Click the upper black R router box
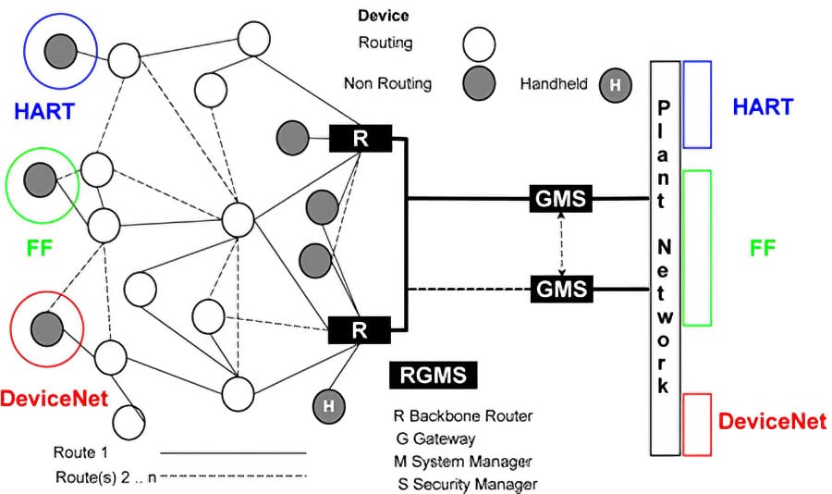pos(361,139)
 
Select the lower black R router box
pos(361,328)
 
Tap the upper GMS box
pos(561,197)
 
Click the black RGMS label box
pos(434,375)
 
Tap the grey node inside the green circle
pos(40,177)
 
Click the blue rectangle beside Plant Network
pos(697,105)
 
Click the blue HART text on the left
pos(44,112)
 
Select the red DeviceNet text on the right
pos(772,422)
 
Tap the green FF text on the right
pos(763,248)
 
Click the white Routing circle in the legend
pos(479,43)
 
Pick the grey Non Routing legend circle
pos(479,83)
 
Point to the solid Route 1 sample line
pos(233,453)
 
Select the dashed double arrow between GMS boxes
pos(561,242)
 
